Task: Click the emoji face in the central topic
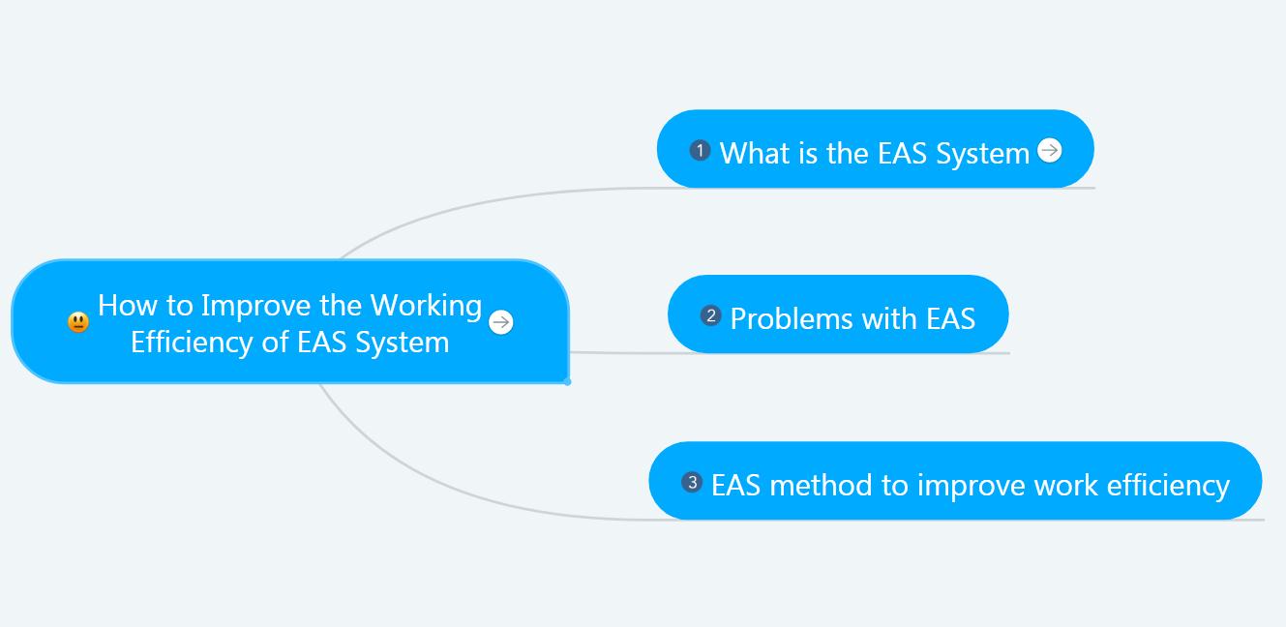click(78, 322)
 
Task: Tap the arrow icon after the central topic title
click(500, 321)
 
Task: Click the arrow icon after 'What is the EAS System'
click(1050, 150)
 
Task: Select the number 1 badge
click(700, 150)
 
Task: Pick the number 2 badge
click(711, 315)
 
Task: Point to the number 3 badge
click(692, 482)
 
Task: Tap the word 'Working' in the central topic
click(426, 306)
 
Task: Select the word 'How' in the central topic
click(127, 305)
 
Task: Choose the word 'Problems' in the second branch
click(792, 318)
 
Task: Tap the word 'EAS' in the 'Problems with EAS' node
click(951, 318)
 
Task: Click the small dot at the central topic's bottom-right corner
click(567, 382)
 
